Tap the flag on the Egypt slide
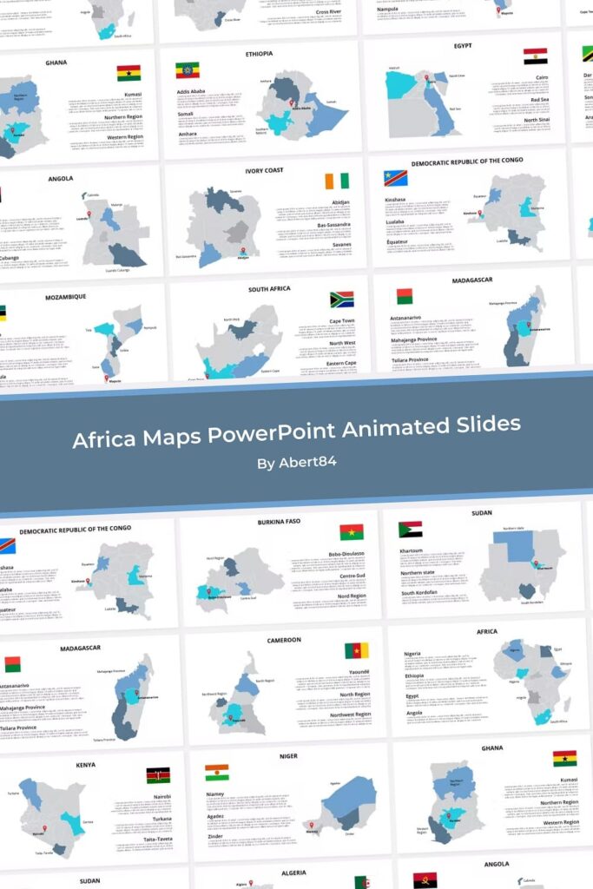click(x=535, y=56)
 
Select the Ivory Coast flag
click(x=337, y=181)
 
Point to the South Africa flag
click(x=341, y=300)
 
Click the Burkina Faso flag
click(x=352, y=532)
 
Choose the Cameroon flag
click(x=356, y=650)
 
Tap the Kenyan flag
click(x=158, y=775)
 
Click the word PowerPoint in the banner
click(x=275, y=431)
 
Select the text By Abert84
click(x=296, y=463)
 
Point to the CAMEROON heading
click(x=284, y=641)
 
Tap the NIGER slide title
click(x=287, y=756)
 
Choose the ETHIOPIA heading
click(x=258, y=54)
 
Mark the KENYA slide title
click(x=85, y=765)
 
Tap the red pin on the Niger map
click(x=311, y=825)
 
